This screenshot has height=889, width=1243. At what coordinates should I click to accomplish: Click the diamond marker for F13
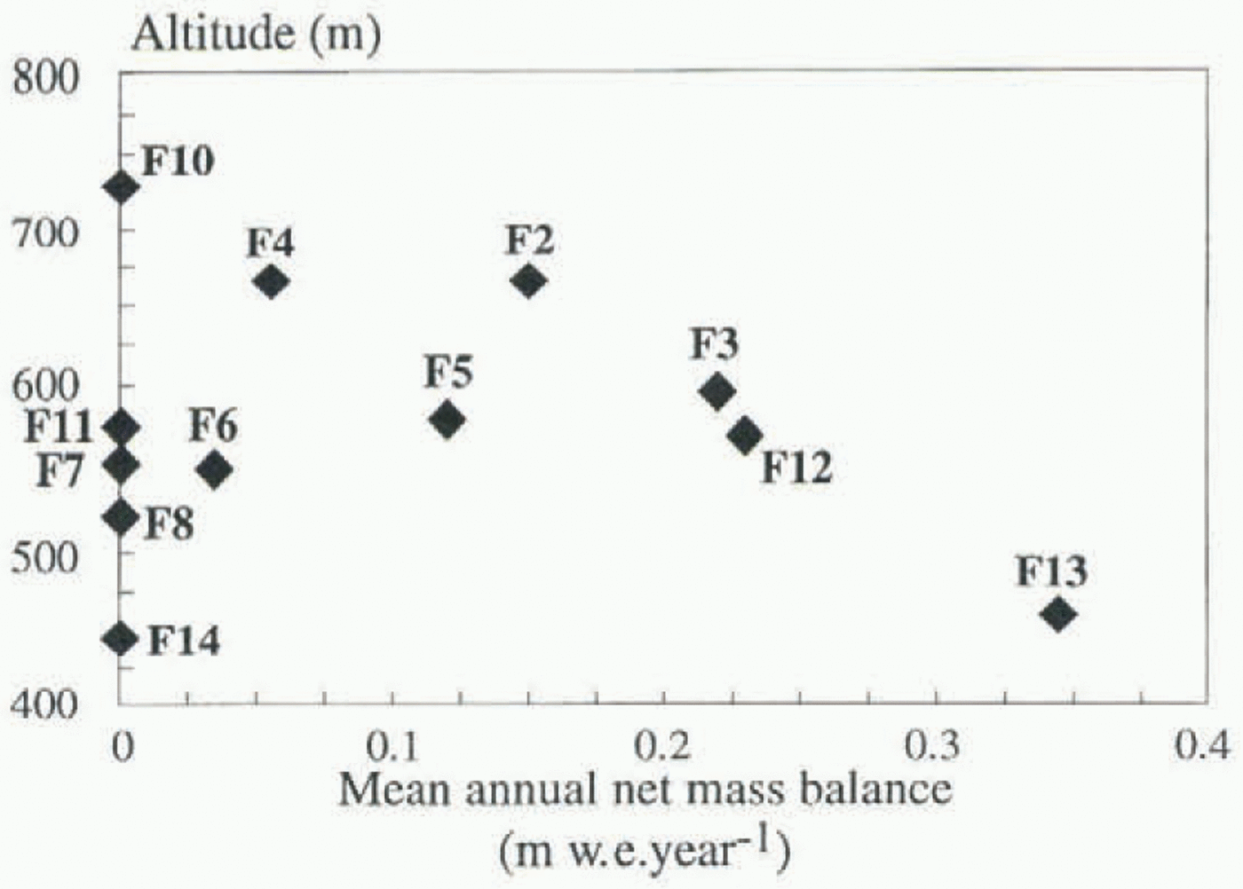(1057, 614)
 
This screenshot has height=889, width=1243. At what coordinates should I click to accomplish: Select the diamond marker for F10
(122, 187)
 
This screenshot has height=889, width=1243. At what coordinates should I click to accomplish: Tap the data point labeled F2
(528, 282)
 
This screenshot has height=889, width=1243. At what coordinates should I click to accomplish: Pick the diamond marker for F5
(447, 420)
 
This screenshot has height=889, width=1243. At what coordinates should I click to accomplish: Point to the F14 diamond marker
(122, 639)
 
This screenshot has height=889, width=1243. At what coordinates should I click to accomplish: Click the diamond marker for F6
(214, 469)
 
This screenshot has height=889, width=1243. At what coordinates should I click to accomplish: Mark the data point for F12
(746, 435)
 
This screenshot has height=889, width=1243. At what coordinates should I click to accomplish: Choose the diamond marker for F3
(717, 391)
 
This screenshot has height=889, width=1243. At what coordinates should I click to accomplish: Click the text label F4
(271, 242)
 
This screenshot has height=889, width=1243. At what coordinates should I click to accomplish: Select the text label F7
(59, 471)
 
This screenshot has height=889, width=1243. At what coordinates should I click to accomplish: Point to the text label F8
(169, 523)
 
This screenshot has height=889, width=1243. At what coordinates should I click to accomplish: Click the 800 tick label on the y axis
(44, 78)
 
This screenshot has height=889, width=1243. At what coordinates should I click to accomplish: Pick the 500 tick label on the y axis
(44, 557)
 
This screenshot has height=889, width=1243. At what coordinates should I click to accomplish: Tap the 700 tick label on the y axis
(44, 233)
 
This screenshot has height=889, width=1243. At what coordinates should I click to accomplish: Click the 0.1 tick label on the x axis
(393, 746)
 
